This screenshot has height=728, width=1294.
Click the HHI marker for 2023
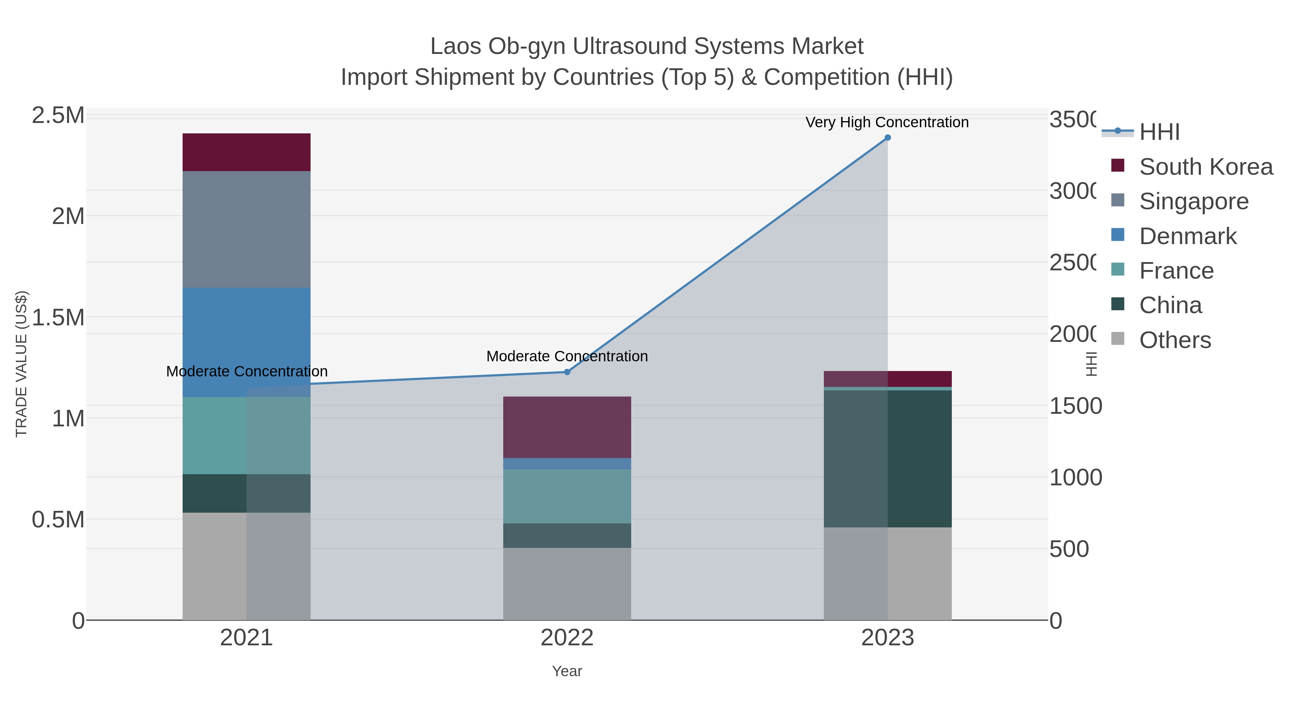pyautogui.click(x=887, y=138)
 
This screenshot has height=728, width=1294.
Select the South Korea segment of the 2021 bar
pyautogui.click(x=246, y=152)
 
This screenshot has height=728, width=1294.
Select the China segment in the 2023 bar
pyautogui.click(x=887, y=458)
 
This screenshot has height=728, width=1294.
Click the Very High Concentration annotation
pyautogui.click(x=887, y=123)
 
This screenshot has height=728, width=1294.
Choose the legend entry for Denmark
pyautogui.click(x=1188, y=236)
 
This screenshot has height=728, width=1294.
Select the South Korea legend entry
pyautogui.click(x=1206, y=167)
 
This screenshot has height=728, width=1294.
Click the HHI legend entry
pyautogui.click(x=1159, y=132)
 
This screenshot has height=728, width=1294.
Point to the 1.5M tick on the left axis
pyautogui.click(x=58, y=317)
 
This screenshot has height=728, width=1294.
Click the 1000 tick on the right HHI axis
pyautogui.click(x=1075, y=477)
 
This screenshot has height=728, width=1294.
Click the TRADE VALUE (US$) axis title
pyautogui.click(x=21, y=364)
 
